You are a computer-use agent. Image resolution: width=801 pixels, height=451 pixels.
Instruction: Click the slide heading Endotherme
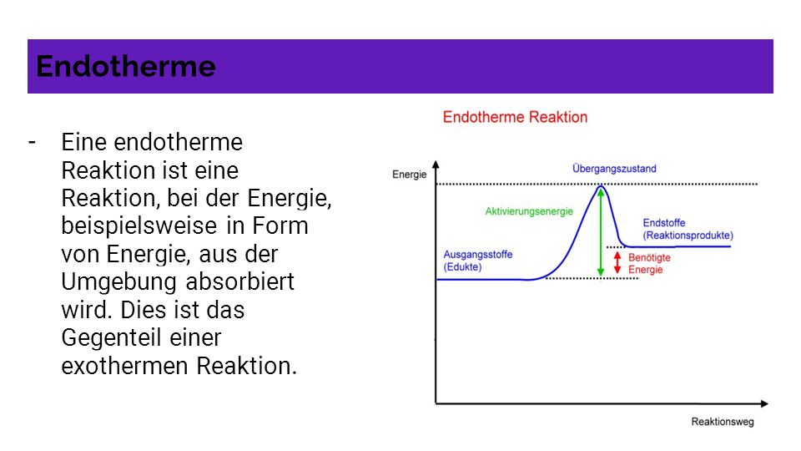[x=126, y=67]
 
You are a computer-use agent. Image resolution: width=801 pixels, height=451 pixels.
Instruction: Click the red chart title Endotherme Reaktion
[x=515, y=117]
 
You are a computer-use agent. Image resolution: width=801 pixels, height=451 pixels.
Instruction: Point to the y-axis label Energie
[x=409, y=175]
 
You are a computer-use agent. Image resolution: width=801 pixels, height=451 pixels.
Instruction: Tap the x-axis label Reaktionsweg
[x=723, y=422]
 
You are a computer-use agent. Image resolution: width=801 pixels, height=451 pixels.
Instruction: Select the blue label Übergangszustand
[x=614, y=168]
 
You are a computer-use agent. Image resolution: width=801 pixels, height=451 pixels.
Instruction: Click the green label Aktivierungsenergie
[x=529, y=211]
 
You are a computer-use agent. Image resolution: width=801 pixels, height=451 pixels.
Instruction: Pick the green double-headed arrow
[x=601, y=232]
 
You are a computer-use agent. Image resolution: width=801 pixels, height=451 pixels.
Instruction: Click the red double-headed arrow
[x=617, y=262]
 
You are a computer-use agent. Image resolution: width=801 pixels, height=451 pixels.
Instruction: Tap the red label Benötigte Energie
[x=649, y=263]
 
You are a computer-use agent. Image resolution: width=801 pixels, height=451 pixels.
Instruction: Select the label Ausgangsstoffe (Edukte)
[x=477, y=261]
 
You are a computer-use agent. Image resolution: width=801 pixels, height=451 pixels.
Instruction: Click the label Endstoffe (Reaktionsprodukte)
[x=688, y=229]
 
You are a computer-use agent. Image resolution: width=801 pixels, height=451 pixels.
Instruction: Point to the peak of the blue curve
[x=601, y=186]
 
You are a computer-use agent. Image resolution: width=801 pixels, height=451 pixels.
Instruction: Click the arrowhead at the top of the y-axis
[x=436, y=165]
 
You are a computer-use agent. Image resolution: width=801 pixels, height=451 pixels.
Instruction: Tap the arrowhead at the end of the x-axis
[x=764, y=403]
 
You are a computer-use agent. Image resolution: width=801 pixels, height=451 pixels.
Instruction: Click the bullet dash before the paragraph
[x=33, y=142]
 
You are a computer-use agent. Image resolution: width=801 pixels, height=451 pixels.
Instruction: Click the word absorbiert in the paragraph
[x=239, y=281]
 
